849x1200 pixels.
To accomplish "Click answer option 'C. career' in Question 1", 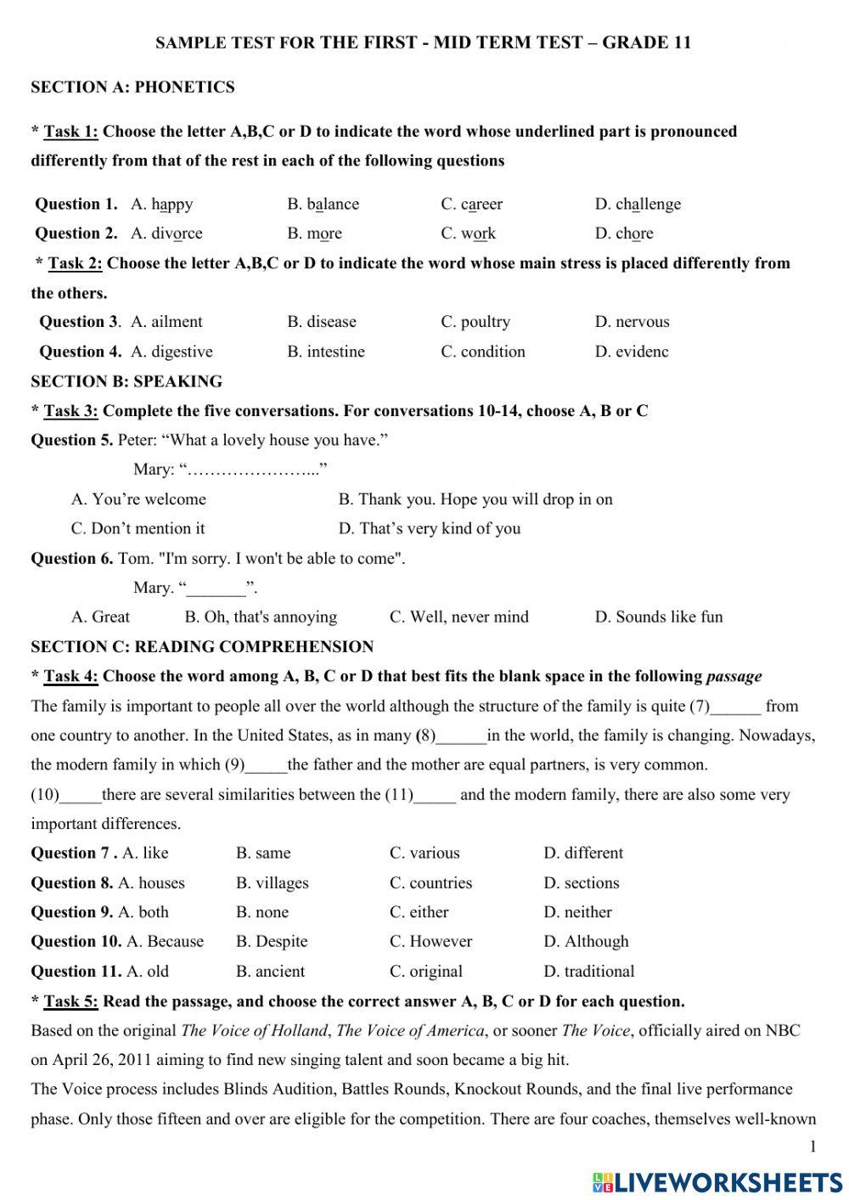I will pyautogui.click(x=471, y=204).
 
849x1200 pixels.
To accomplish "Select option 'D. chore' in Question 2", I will pyautogui.click(x=624, y=234).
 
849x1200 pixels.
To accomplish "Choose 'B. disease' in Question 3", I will pyautogui.click(x=322, y=322).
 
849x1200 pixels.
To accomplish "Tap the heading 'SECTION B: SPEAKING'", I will pyautogui.click(x=127, y=381).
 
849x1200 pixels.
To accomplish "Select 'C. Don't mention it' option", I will pyautogui.click(x=138, y=528).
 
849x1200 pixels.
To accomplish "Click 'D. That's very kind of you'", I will pyautogui.click(x=430, y=528).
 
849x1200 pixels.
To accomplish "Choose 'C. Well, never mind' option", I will pyautogui.click(x=458, y=617).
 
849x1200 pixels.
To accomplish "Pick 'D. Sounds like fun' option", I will pyautogui.click(x=659, y=617).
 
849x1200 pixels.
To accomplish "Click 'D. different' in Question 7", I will pyautogui.click(x=583, y=854).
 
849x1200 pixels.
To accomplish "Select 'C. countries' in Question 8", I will pyautogui.click(x=430, y=883).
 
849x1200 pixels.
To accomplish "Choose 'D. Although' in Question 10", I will pyautogui.click(x=586, y=942).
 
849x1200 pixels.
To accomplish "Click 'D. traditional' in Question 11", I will pyautogui.click(x=589, y=972).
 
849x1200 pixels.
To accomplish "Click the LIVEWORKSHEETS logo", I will pyautogui.click(x=717, y=1181).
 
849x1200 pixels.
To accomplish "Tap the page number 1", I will pyautogui.click(x=812, y=1147).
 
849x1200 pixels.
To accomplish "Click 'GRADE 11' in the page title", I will pyautogui.click(x=646, y=42).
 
